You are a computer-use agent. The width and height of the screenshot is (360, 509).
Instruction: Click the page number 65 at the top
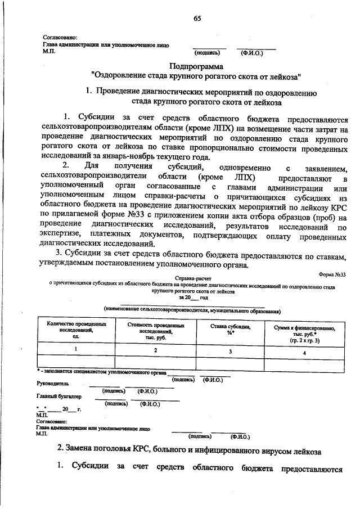197,18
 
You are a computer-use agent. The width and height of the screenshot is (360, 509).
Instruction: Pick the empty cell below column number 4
304,363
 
